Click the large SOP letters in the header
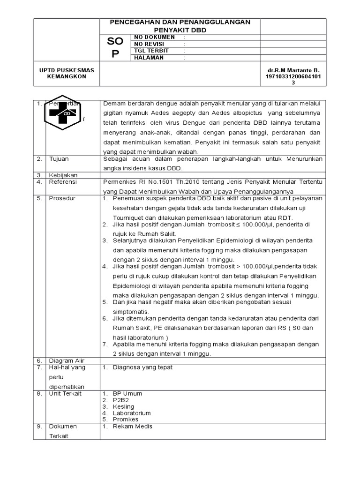coord(115,48)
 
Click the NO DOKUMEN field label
coord(154,37)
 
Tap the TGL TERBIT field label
coord(151,51)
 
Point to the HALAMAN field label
coord(149,58)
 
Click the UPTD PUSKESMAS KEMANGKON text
coord(67,74)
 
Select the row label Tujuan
coord(59,159)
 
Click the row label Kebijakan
coord(63,174)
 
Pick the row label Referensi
coord(63,181)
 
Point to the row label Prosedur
coord(62,198)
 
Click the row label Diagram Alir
coord(67,360)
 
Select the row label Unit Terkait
coord(65,393)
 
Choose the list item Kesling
coord(123,406)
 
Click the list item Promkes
coord(126,420)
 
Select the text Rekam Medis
coord(133,427)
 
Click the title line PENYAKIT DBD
coord(180,30)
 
